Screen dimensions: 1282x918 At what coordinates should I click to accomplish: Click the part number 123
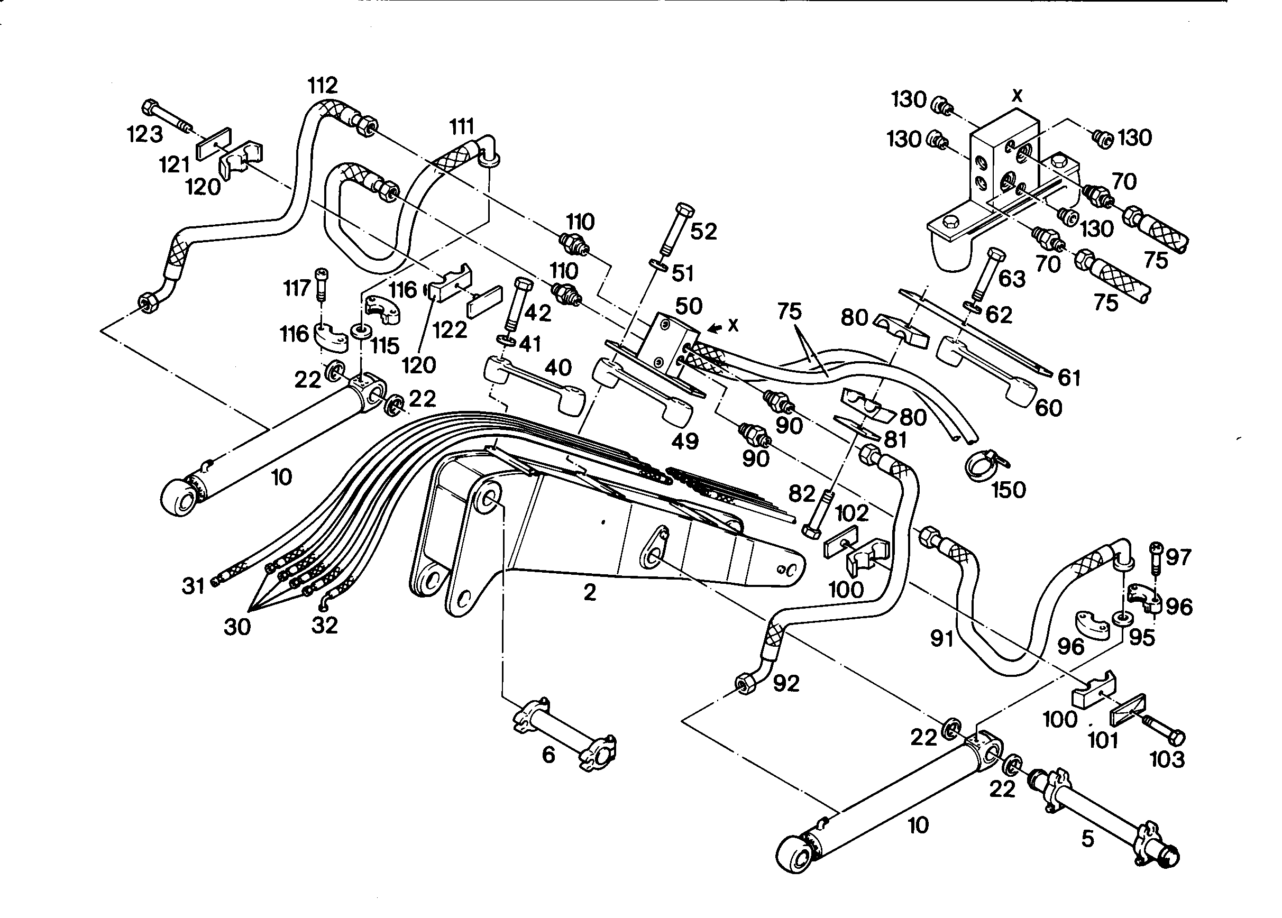click(145, 134)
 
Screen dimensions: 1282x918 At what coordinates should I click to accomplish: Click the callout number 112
click(323, 85)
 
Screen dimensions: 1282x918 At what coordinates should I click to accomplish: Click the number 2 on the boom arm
click(590, 592)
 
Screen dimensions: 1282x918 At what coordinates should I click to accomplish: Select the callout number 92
click(786, 683)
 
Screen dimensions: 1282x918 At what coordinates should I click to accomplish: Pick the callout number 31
click(193, 586)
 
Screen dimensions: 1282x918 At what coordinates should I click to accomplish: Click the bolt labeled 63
click(989, 273)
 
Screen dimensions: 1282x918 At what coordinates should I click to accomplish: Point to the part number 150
click(1009, 490)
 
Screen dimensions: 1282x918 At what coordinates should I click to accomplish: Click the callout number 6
click(548, 755)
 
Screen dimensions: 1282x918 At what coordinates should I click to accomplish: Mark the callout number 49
click(684, 441)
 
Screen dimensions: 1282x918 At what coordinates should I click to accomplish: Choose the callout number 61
click(1068, 378)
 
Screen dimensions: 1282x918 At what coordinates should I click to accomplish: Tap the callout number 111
click(462, 126)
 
